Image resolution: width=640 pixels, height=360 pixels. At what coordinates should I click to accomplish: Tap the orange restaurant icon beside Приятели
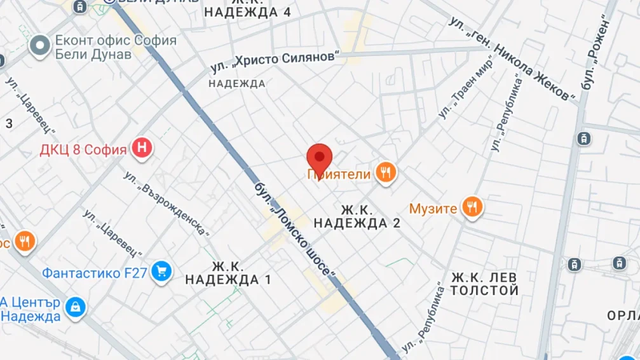tap(385, 172)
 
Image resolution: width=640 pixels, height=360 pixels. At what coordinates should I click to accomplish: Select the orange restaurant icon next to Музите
tap(472, 207)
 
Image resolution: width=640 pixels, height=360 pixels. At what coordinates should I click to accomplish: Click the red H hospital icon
tap(143, 149)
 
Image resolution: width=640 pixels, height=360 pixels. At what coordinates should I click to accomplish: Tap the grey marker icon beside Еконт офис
tap(41, 46)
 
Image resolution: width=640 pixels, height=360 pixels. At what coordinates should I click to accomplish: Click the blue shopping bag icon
tap(76, 307)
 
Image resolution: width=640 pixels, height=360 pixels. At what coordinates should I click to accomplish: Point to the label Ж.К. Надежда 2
tap(360, 216)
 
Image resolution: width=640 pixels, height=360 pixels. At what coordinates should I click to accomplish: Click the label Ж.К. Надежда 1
tap(228, 273)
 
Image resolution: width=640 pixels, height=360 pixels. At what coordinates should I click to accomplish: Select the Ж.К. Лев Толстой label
tap(485, 284)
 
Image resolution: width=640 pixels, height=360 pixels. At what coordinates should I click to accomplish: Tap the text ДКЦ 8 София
tap(83, 150)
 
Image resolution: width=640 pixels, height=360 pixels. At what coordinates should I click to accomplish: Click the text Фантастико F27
tap(95, 273)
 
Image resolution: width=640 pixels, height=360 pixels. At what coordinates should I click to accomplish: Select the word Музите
tap(433, 208)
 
